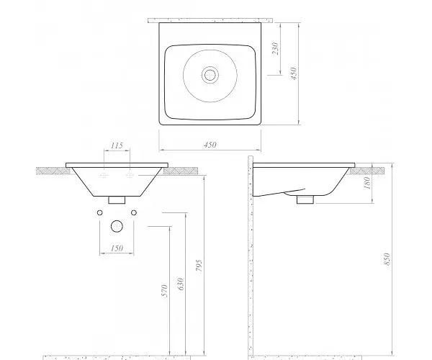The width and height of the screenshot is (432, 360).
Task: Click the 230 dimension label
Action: [x=275, y=48]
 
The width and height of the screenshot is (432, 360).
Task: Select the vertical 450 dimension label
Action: [x=294, y=73]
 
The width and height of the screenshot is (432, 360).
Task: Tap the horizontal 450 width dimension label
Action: [x=210, y=145]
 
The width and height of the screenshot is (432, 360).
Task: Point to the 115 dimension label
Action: [x=117, y=145]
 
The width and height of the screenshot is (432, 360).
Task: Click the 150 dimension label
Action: [x=117, y=248]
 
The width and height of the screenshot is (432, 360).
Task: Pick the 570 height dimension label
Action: [x=164, y=291]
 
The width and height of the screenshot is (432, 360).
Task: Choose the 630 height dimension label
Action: [x=181, y=284]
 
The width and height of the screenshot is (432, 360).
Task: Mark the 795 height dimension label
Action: [x=199, y=266]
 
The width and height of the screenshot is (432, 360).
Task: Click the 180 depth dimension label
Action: [x=367, y=183]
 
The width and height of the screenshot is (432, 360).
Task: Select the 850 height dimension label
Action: [x=387, y=259]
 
